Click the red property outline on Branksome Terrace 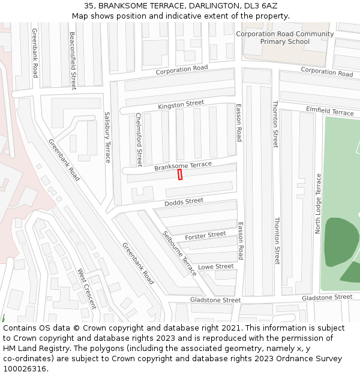pos(180,174)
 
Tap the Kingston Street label pos(181,105)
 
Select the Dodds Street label pos(184,202)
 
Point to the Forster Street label pos(205,235)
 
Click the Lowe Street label pos(215,266)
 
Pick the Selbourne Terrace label pos(180,253)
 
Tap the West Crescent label pos(86,289)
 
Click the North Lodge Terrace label pos(319,203)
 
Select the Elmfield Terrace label pos(330,112)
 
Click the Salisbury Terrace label pos(108,137)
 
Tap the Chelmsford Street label pos(139,139)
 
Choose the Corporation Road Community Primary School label pos(284,38)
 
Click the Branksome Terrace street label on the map pos(183,166)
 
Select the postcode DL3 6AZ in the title pos(261,5)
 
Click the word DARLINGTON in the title pos(206,5)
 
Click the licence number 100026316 pos(25,369)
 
